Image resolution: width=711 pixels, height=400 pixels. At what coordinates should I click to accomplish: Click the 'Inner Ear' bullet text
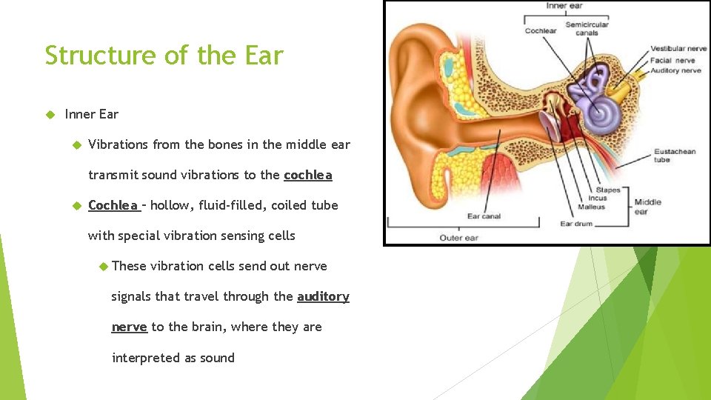click(x=92, y=114)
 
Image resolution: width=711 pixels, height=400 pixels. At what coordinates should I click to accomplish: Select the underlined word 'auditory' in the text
click(x=323, y=296)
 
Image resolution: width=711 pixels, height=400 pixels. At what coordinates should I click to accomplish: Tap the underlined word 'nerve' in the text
click(x=129, y=327)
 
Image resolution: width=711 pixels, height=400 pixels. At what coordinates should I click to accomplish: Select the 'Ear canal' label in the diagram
click(x=484, y=216)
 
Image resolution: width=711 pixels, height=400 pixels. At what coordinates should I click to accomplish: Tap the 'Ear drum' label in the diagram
click(x=575, y=223)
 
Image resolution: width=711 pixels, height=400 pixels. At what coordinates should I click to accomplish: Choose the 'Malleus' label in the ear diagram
click(x=591, y=207)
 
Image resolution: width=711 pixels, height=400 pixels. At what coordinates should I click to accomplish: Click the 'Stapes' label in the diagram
click(x=607, y=190)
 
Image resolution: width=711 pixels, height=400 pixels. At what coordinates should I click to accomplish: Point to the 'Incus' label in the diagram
click(x=597, y=199)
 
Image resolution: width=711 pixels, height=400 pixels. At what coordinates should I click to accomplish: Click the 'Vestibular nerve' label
click(x=678, y=49)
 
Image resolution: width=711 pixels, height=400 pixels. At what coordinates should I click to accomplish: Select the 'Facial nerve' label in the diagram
click(x=672, y=60)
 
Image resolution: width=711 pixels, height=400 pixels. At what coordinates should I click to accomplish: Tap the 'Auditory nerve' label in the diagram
click(x=675, y=70)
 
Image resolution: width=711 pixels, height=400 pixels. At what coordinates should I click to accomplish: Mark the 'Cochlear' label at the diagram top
click(x=541, y=30)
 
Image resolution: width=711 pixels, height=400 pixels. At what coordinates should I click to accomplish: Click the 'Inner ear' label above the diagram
click(x=564, y=6)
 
